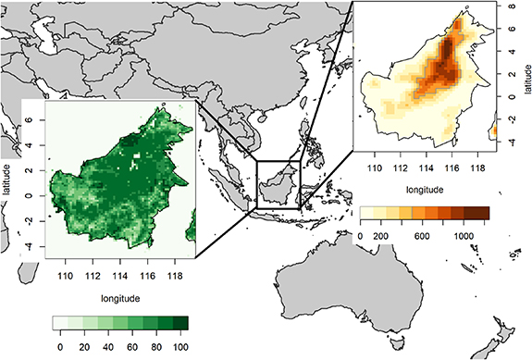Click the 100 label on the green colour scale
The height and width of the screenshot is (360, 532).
pos(180,345)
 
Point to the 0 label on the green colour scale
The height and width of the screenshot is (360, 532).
pos(61,345)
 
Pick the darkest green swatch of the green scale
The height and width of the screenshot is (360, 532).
pos(181,323)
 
